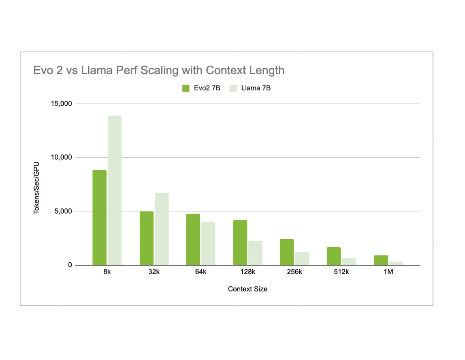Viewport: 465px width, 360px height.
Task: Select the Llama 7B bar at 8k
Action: click(115, 191)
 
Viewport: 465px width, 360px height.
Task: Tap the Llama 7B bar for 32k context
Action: click(162, 229)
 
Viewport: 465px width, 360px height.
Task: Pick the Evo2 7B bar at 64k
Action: click(193, 240)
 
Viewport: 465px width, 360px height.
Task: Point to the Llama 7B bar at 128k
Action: click(256, 253)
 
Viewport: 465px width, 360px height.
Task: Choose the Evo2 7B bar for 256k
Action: click(287, 252)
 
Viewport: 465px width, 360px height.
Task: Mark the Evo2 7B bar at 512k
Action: click(334, 256)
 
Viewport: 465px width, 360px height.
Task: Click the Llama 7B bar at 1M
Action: click(396, 264)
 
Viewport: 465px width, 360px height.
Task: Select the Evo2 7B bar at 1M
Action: click(381, 260)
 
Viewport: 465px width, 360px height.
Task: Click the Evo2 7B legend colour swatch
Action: click(186, 88)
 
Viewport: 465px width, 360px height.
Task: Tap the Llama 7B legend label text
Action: click(256, 88)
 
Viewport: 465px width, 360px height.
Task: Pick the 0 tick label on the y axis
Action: click(70, 265)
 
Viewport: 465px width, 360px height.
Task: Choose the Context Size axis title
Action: click(247, 289)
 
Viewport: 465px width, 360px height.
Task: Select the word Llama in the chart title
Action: click(98, 70)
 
